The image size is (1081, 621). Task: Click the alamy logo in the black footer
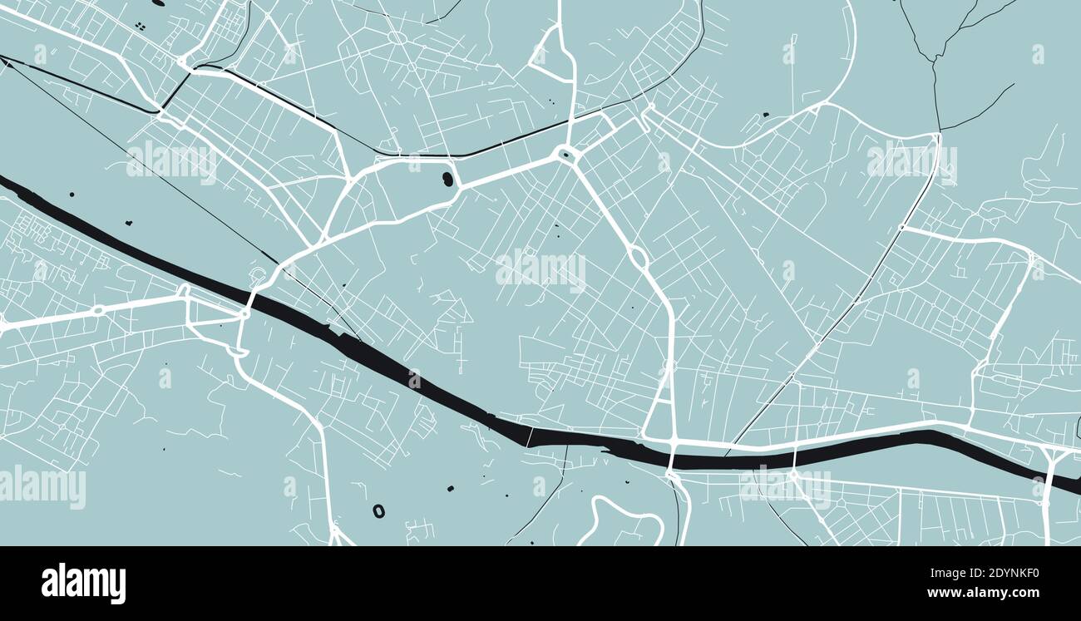pyautogui.click(x=83, y=584)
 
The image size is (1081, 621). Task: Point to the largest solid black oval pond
pyautogui.click(x=447, y=178)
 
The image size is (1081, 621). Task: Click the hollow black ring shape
pyautogui.click(x=378, y=510)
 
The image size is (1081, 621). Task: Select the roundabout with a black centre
pyautogui.click(x=565, y=153)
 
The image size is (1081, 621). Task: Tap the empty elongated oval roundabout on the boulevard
pyautogui.click(x=638, y=257)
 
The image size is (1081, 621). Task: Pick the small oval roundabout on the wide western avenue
pyautogui.click(x=98, y=310)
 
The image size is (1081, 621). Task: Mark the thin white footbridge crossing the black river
pyautogui.click(x=529, y=435)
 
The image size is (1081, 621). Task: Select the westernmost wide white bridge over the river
pyautogui.click(x=250, y=299)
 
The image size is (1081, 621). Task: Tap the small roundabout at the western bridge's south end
pyautogui.click(x=244, y=314)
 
